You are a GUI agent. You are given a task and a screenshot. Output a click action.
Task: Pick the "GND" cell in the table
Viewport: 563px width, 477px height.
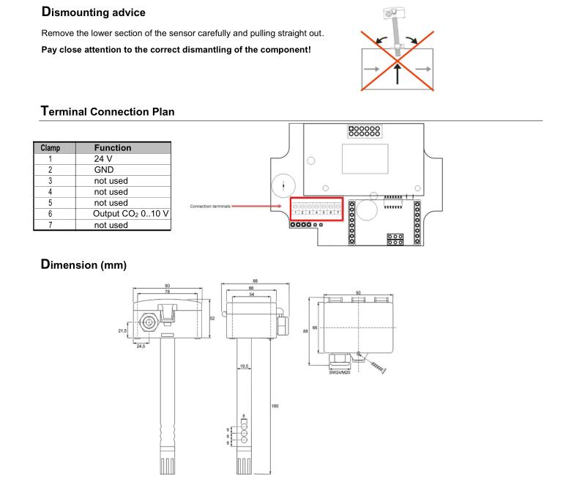(x=105, y=169)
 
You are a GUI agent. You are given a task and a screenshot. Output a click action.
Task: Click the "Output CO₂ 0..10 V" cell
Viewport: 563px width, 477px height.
(x=130, y=213)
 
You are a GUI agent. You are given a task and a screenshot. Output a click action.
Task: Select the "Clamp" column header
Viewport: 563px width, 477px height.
(x=50, y=147)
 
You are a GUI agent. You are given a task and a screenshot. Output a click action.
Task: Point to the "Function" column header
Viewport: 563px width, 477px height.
(x=113, y=147)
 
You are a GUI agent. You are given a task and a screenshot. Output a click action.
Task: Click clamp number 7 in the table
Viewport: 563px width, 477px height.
(x=50, y=224)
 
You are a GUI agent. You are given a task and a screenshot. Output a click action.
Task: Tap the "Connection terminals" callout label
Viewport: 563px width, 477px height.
(x=211, y=206)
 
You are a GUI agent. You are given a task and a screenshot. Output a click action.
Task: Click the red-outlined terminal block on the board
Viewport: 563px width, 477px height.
(x=316, y=209)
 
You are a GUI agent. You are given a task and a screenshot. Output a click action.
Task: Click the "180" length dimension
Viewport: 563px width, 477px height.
(x=274, y=405)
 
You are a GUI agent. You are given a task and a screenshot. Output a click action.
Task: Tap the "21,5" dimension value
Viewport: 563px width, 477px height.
(x=122, y=330)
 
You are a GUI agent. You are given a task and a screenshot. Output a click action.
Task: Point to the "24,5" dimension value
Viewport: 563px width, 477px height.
(x=139, y=346)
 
